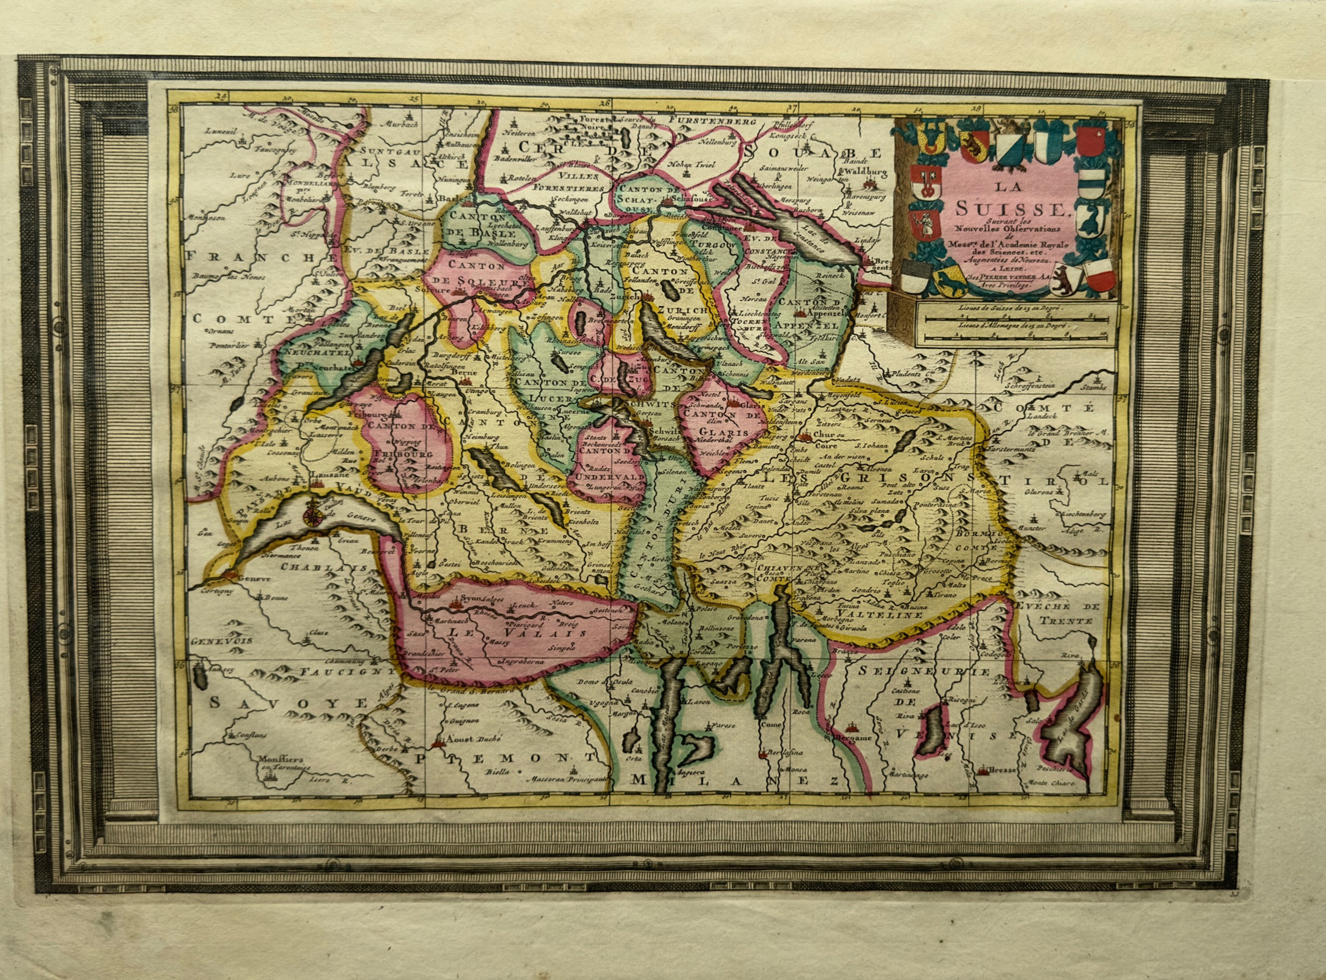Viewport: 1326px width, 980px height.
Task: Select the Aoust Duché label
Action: (x=472, y=739)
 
